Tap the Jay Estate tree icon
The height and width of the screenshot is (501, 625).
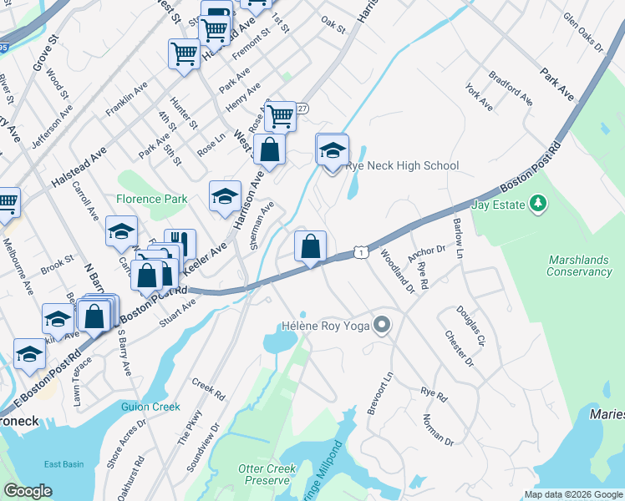(539, 203)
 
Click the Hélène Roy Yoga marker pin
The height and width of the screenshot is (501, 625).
(383, 324)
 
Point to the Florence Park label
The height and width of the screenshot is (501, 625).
(151, 199)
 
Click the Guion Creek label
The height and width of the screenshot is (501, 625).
(151, 407)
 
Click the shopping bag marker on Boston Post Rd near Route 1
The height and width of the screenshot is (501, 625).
(310, 247)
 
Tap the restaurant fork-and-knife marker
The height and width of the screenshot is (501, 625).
(180, 244)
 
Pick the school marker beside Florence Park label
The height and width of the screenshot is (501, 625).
(224, 197)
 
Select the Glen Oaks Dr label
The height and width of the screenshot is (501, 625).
(582, 32)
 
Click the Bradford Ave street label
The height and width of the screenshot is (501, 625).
(511, 87)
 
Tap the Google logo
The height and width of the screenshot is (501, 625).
(28, 491)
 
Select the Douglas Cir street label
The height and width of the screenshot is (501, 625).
(470, 326)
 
